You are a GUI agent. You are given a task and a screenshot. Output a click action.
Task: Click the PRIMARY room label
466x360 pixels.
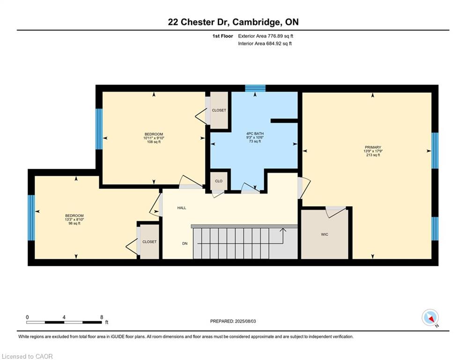point(373,147)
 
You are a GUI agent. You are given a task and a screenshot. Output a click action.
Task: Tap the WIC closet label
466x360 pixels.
point(325,234)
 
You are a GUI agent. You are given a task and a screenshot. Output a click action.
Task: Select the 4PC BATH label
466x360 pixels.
point(255,134)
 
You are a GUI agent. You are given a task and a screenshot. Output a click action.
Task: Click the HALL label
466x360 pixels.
point(182,208)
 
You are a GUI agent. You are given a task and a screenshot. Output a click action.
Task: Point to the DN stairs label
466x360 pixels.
point(185,243)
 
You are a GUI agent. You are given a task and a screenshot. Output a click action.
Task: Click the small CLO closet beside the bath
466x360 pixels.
point(219,181)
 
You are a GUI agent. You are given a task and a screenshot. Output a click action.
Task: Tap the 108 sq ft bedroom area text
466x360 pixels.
point(154,142)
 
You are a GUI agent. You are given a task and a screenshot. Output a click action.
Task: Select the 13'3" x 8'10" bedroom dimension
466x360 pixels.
point(74,219)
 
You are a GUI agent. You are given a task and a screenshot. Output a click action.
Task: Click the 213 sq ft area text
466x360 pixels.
point(373,155)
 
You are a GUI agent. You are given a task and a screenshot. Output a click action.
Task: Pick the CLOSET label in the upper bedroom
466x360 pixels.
point(219,110)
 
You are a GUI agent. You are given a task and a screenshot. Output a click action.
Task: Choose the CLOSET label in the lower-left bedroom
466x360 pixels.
point(149,242)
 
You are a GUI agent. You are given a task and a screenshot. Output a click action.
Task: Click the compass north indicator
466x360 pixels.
point(430,318)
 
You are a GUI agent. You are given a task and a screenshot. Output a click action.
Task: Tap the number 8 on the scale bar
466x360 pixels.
point(102,317)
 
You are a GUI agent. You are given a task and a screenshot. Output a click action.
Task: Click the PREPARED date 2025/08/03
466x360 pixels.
point(245,321)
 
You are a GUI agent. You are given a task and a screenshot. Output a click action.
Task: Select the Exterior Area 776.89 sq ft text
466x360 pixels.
point(266,36)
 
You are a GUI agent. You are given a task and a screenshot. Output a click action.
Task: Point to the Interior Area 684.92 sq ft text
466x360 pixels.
point(265,44)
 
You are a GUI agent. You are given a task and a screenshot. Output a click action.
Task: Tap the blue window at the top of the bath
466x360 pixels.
point(255,89)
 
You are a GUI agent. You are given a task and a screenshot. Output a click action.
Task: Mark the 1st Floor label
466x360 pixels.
point(222,36)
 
